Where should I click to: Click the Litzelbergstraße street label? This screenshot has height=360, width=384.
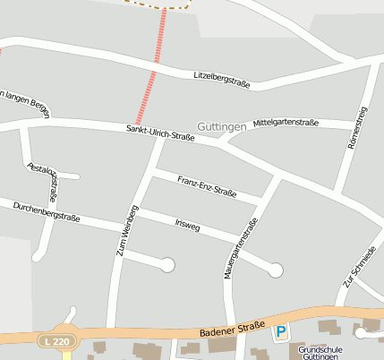point(221,80)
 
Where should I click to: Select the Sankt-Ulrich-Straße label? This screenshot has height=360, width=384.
point(160,133)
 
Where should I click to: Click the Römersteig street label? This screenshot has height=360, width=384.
point(356,127)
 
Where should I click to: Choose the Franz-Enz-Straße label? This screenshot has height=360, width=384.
point(207,185)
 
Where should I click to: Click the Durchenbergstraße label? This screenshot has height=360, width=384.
point(47,211)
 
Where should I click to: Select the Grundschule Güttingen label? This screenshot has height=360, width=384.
point(320,353)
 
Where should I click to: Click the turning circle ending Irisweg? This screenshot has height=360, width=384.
point(276,269)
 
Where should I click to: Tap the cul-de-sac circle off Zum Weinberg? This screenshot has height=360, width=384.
point(166,264)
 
